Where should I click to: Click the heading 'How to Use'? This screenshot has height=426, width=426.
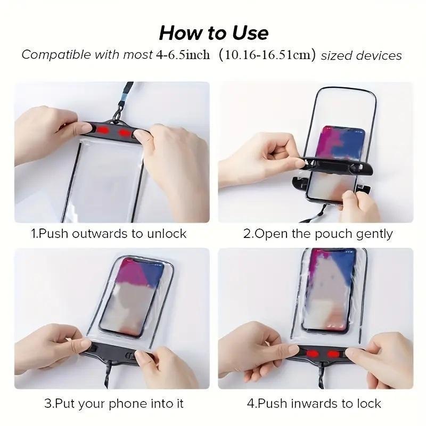[214, 33]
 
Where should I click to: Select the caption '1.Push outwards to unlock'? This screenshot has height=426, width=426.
[108, 234]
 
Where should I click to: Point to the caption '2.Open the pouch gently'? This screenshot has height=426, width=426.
[318, 234]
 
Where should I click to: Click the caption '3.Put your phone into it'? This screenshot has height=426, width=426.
[114, 403]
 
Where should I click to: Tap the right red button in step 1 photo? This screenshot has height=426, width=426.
[126, 132]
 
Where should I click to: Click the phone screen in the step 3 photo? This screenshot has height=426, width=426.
[140, 296]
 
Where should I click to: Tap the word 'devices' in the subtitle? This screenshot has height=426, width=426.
[379, 55]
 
